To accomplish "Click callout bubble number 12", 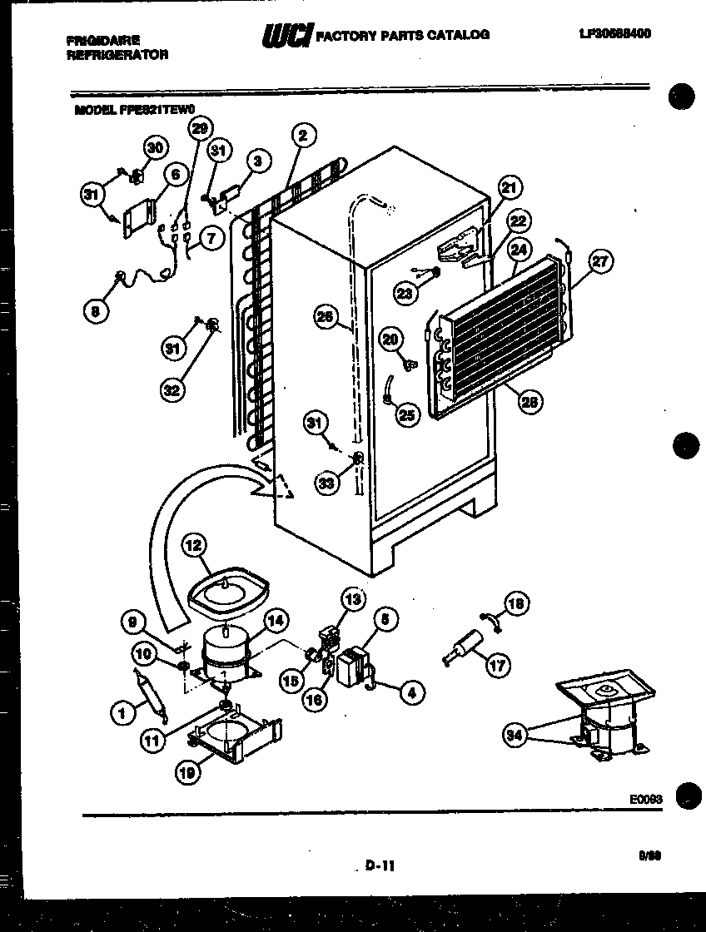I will [x=194, y=546].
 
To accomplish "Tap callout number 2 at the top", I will [x=304, y=136].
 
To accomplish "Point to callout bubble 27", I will [x=599, y=261].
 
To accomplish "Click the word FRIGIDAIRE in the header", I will [x=104, y=39].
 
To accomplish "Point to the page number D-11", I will [x=379, y=866].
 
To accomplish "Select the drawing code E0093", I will [x=645, y=799].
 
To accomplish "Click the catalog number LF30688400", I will [x=614, y=34].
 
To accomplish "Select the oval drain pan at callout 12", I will [x=226, y=592].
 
